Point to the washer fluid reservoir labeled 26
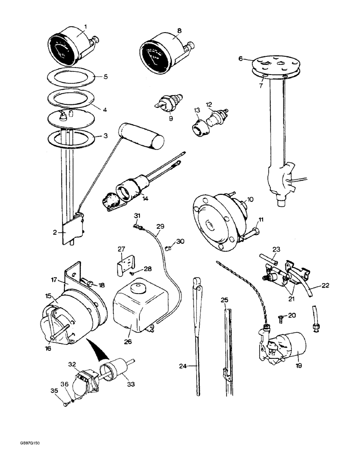coord(135,308)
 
